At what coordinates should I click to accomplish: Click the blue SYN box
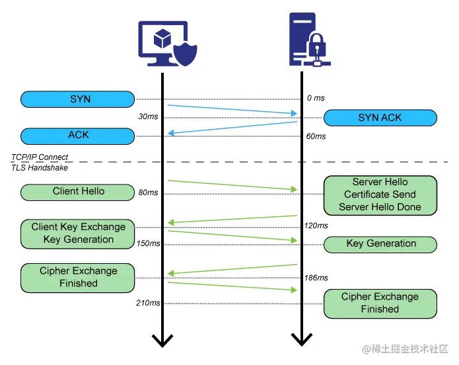(x=78, y=99)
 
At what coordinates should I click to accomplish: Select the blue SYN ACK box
(x=380, y=118)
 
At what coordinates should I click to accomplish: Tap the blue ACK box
(x=78, y=136)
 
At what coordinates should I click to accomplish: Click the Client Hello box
(x=78, y=192)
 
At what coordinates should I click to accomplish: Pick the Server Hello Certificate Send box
(x=380, y=194)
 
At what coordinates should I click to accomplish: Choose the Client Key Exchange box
(x=78, y=233)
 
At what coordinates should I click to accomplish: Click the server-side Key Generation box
(x=380, y=244)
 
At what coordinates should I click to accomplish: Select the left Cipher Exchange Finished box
(x=78, y=277)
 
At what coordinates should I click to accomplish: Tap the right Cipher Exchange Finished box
(x=380, y=303)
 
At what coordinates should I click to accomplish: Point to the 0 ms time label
(x=316, y=99)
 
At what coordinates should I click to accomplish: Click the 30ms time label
(x=148, y=116)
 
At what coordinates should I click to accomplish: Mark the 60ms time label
(x=316, y=136)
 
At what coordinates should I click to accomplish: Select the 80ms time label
(x=148, y=193)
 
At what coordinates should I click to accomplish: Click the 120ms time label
(x=316, y=225)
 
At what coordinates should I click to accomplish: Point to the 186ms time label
(x=316, y=278)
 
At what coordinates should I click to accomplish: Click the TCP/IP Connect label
(x=40, y=157)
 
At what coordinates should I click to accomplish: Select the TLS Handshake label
(x=39, y=168)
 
